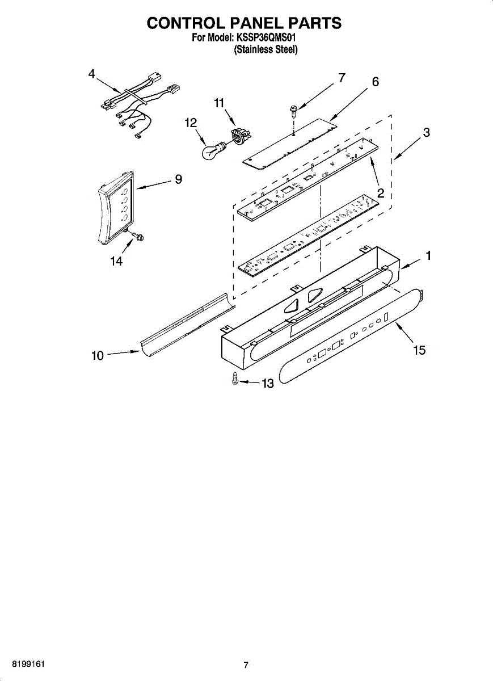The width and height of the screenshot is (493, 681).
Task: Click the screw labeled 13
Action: [235, 380]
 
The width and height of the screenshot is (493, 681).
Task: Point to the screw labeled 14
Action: [134, 237]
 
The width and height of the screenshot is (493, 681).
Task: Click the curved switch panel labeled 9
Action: [116, 207]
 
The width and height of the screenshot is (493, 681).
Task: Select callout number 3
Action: [425, 133]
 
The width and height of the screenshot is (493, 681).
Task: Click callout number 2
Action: [381, 193]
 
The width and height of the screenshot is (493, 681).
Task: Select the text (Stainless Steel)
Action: [266, 49]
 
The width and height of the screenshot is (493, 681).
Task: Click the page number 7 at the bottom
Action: [246, 665]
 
